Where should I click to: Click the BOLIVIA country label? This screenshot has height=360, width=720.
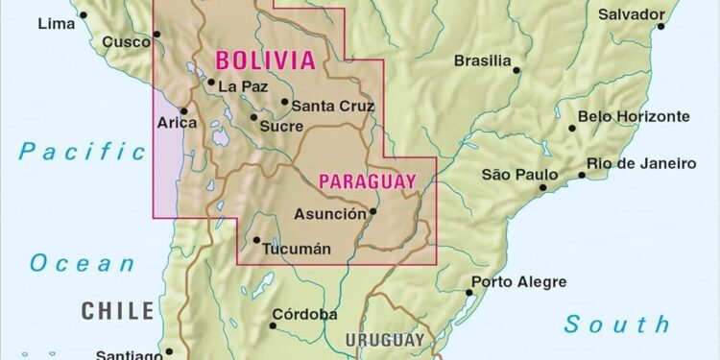pyautogui.click(x=265, y=61)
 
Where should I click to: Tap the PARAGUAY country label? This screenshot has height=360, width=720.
pyautogui.click(x=368, y=180)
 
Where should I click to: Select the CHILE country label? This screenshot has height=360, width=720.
pyautogui.click(x=117, y=310)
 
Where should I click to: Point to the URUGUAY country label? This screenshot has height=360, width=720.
pyautogui.click(x=384, y=340)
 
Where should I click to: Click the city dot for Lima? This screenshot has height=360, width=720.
pyautogui.click(x=84, y=14)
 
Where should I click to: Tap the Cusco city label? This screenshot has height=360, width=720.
pyautogui.click(x=126, y=41)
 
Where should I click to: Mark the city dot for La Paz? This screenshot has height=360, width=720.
pyautogui.click(x=211, y=82)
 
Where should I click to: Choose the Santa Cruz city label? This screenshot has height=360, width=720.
pyautogui.click(x=332, y=107)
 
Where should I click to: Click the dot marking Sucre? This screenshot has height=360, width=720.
pyautogui.click(x=253, y=118)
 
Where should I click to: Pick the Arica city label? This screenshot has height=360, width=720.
pyautogui.click(x=178, y=122)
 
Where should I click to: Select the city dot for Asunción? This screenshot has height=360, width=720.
pyautogui.click(x=373, y=212)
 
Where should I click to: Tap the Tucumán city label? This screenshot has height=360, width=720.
pyautogui.click(x=298, y=249)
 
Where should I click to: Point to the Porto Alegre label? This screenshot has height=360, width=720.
pyautogui.click(x=518, y=282)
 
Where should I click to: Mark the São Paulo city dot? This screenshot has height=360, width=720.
pyautogui.click(x=543, y=187)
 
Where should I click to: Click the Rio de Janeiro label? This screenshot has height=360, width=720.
pyautogui.click(x=641, y=164)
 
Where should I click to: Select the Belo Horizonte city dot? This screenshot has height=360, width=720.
pyautogui.click(x=572, y=128)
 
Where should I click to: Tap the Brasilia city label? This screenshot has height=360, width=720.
pyautogui.click(x=482, y=60)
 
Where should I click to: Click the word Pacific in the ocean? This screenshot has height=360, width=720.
pyautogui.click(x=82, y=151)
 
